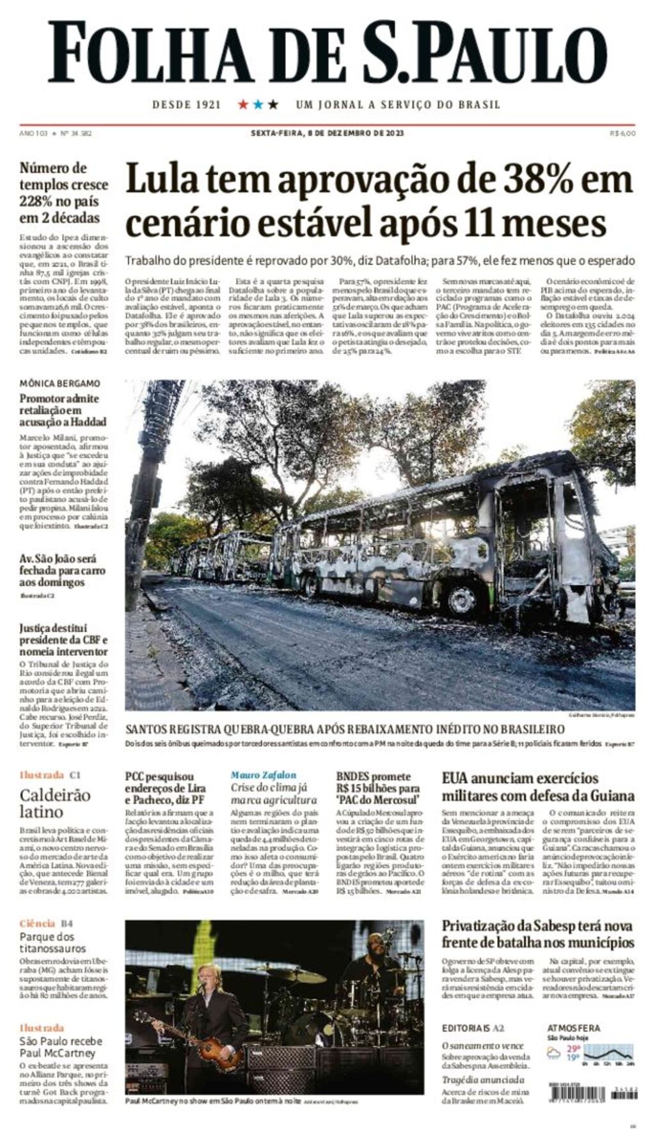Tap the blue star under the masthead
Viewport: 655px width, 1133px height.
coord(258,104)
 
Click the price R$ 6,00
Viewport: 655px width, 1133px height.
coord(622,134)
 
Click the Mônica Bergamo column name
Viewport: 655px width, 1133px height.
coord(59,383)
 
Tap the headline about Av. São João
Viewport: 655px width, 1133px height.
coord(58,570)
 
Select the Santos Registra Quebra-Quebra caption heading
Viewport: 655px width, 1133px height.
coord(345,729)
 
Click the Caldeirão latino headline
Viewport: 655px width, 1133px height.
coord(55,803)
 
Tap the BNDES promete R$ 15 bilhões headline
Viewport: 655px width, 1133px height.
coord(378,788)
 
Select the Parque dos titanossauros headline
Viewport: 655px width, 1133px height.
coord(52,943)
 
